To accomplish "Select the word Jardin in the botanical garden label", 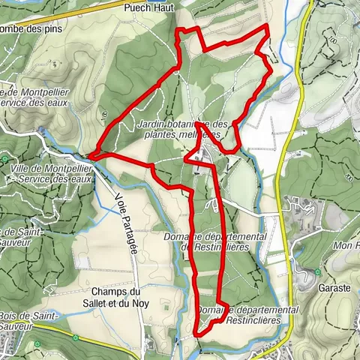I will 154,124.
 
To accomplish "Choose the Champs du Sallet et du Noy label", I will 115,297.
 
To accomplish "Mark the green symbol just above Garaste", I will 317,271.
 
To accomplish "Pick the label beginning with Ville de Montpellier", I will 51,174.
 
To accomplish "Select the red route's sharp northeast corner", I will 268,26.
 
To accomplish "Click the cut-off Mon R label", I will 346,246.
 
